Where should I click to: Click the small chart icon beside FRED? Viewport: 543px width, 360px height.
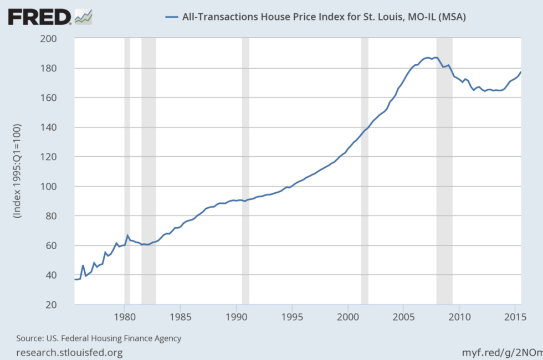[83, 17]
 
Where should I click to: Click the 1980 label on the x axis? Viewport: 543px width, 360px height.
[124, 318]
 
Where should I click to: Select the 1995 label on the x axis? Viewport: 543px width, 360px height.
[291, 318]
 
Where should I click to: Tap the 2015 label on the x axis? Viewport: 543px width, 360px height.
[515, 318]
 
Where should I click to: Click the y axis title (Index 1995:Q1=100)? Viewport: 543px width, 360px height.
[18, 172]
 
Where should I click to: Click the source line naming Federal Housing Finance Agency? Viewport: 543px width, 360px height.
[99, 338]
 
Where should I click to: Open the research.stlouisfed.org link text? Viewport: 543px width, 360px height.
[69, 352]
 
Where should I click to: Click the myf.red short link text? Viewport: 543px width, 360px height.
[501, 352]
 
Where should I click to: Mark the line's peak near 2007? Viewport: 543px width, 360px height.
[428, 57]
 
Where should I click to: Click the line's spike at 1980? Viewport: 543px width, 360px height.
[127, 235]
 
